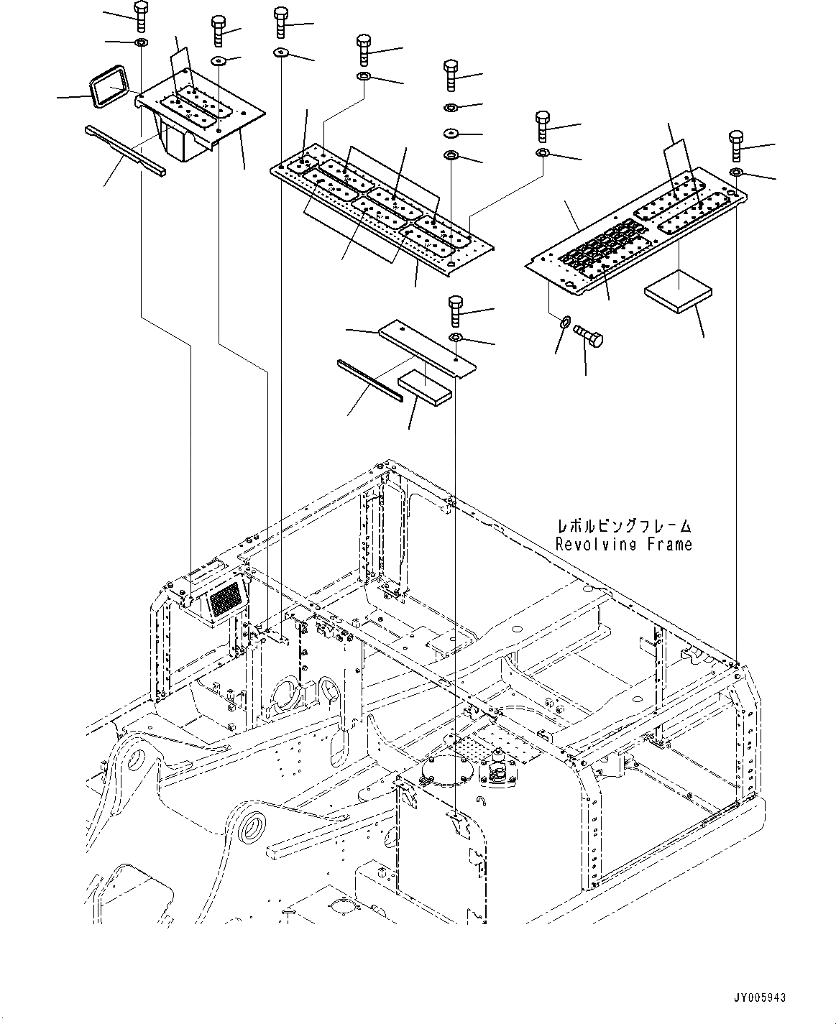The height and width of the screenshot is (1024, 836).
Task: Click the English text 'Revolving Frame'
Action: coord(623,544)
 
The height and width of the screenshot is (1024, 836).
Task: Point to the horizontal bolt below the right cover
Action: coord(588,335)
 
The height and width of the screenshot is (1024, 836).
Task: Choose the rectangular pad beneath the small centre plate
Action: coord(426,385)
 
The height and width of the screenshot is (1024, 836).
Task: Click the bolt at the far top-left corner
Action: coord(139,15)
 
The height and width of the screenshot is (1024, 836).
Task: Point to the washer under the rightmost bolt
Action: coord(736,172)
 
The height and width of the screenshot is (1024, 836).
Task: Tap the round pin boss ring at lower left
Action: coord(255,831)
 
